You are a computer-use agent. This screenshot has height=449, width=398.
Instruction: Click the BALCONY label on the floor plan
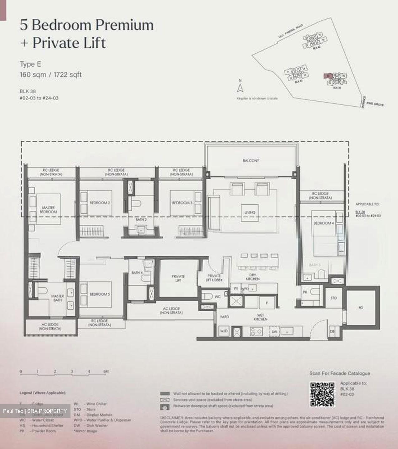click(x=251, y=161)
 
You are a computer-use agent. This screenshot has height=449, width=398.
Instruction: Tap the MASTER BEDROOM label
click(x=48, y=210)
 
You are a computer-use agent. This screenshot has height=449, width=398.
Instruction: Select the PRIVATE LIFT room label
click(x=178, y=278)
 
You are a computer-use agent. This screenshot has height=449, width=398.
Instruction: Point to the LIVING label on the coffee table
click(x=250, y=212)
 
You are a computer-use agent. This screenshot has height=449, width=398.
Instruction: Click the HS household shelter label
click(x=361, y=307)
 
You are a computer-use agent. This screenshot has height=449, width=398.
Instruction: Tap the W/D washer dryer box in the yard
click(x=224, y=331)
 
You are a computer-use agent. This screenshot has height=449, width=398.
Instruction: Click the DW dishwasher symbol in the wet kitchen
click(x=274, y=332)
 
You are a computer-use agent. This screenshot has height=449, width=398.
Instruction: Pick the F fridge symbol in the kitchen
click(x=266, y=302)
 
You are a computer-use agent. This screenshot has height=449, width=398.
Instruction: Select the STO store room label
click(x=334, y=298)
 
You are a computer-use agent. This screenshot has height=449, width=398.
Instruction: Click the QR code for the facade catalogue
click(x=322, y=394)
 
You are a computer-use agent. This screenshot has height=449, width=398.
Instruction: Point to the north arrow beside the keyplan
click(x=240, y=88)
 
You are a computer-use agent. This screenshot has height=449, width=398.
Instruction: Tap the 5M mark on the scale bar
click(x=106, y=371)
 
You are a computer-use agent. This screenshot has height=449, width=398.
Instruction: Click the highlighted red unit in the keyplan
click(x=327, y=76)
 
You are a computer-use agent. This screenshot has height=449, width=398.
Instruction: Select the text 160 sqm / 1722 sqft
click(x=51, y=75)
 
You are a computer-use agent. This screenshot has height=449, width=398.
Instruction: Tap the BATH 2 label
click(x=141, y=220)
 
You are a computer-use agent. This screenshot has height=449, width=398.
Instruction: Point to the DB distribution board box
click(x=332, y=332)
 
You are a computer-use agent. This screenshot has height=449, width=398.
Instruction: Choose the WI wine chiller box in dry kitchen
click(x=236, y=289)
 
